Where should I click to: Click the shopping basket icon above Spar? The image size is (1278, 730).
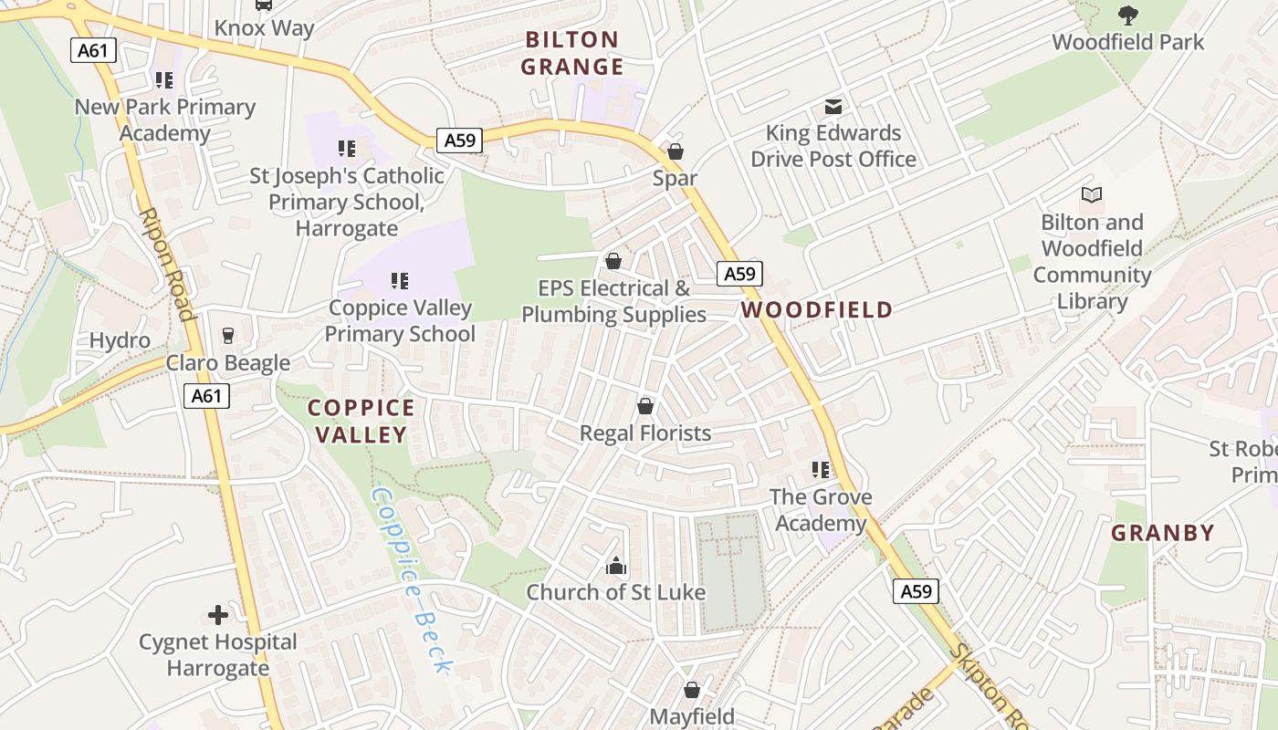676,151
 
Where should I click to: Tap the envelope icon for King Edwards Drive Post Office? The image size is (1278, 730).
833,106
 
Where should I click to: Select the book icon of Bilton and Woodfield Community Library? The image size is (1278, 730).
1092,194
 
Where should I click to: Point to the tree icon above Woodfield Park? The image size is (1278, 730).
1128,15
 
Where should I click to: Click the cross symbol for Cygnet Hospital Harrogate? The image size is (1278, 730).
218,615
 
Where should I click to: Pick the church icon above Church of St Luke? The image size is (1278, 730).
616,566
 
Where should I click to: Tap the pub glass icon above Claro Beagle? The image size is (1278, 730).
228,336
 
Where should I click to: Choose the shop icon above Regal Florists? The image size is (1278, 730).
645,406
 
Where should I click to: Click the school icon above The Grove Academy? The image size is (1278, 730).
821,470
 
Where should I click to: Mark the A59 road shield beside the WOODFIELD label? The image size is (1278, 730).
739,274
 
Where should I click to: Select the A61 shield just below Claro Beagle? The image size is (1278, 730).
207,396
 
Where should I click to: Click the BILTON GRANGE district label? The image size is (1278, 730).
572,53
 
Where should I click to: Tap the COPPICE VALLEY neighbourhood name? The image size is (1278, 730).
361,421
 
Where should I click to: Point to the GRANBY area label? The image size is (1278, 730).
1162,533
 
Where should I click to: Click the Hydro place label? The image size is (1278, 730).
120,341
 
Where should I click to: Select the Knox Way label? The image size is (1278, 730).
264,28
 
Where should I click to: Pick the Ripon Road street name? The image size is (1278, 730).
167,265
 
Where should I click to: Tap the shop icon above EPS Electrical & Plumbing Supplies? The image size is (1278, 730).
613,262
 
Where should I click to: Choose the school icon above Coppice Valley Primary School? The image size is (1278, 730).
400,281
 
